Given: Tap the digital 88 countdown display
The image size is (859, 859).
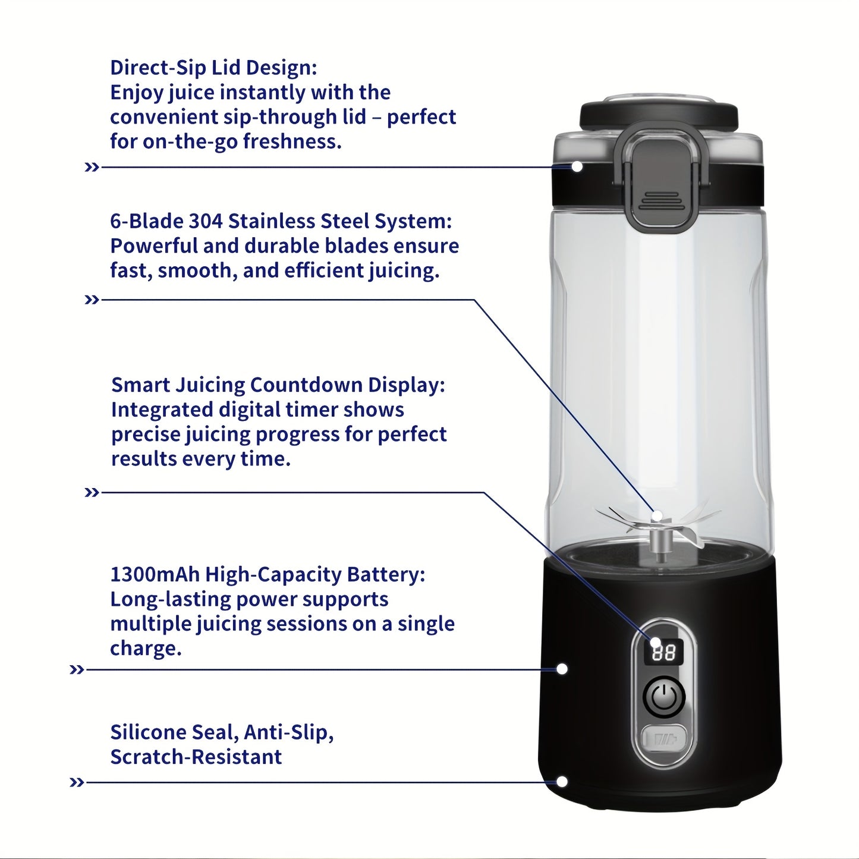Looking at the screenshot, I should tap(663, 653).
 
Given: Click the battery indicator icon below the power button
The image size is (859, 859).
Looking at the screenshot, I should tap(664, 740).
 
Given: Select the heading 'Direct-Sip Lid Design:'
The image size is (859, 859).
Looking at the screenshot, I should tap(213, 68).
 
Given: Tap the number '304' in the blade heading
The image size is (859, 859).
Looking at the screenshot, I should tap(206, 221).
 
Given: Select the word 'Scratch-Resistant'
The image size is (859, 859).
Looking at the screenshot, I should tap(196, 757).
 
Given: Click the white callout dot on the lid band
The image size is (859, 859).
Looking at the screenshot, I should tap(577, 166).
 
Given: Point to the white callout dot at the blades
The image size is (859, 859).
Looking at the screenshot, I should tap(657, 515).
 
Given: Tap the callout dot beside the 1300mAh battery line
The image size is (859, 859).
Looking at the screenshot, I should tap(562, 669).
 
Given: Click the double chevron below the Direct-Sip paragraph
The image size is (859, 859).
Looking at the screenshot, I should tap(92, 167).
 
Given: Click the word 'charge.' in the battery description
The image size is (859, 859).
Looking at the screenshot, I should tap(146, 649).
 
